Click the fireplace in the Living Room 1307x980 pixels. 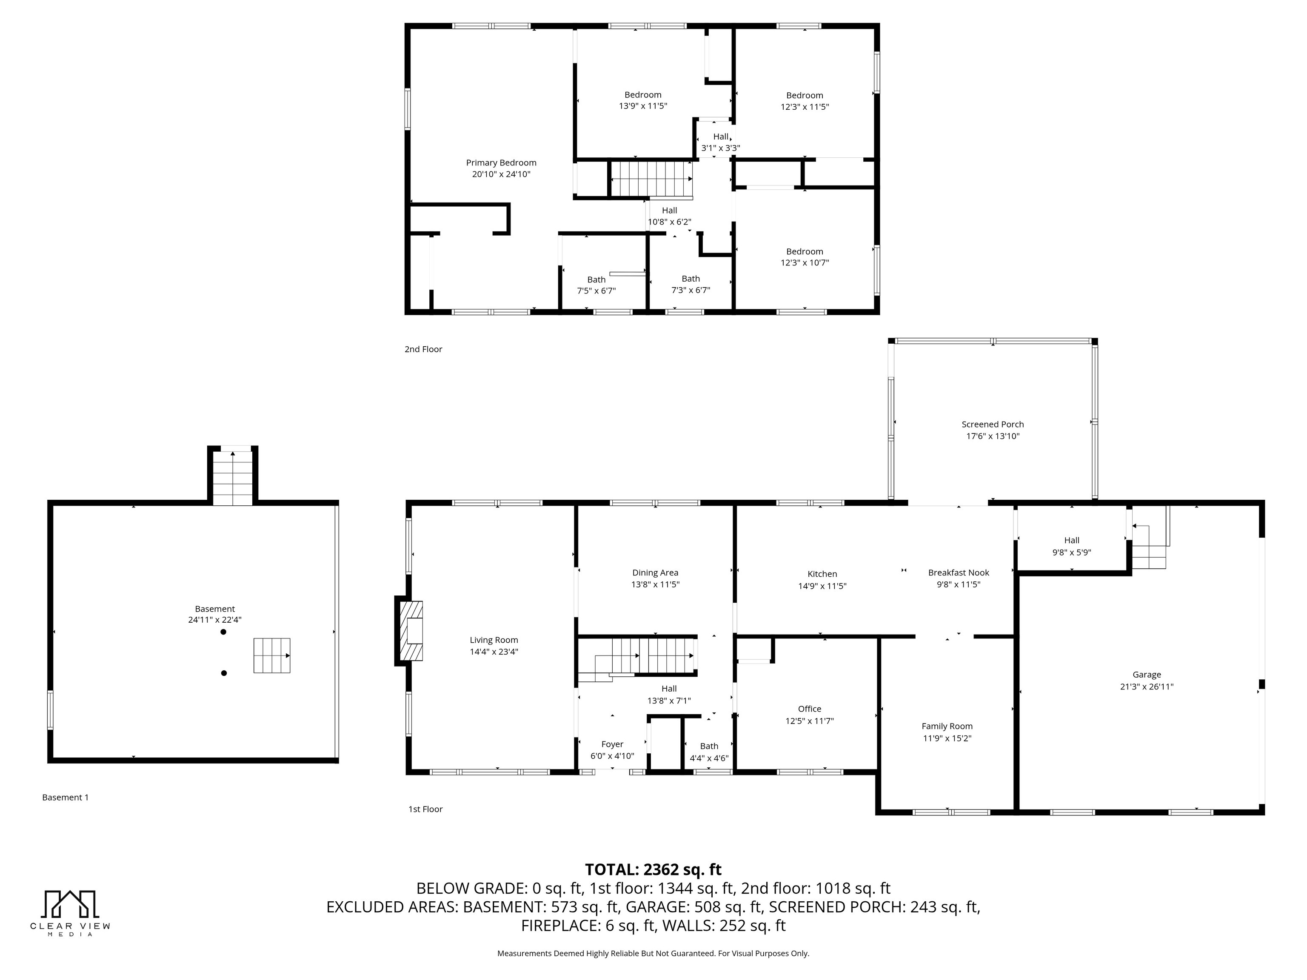click(411, 630)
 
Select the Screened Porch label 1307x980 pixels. click(993, 424)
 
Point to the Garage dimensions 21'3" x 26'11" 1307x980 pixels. click(1147, 687)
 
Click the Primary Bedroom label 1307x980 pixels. click(501, 162)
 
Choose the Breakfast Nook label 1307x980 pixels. click(959, 573)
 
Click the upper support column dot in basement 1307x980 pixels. click(223, 632)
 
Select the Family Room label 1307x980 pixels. click(947, 726)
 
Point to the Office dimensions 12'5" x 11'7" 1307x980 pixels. click(810, 721)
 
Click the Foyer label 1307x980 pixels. click(612, 744)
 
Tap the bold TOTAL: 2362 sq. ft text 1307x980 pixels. click(653, 869)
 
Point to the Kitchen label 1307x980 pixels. click(822, 574)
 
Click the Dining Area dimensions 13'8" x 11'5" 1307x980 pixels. click(655, 584)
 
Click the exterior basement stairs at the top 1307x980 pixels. click(233, 477)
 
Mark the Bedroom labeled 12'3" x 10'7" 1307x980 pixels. click(805, 257)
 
